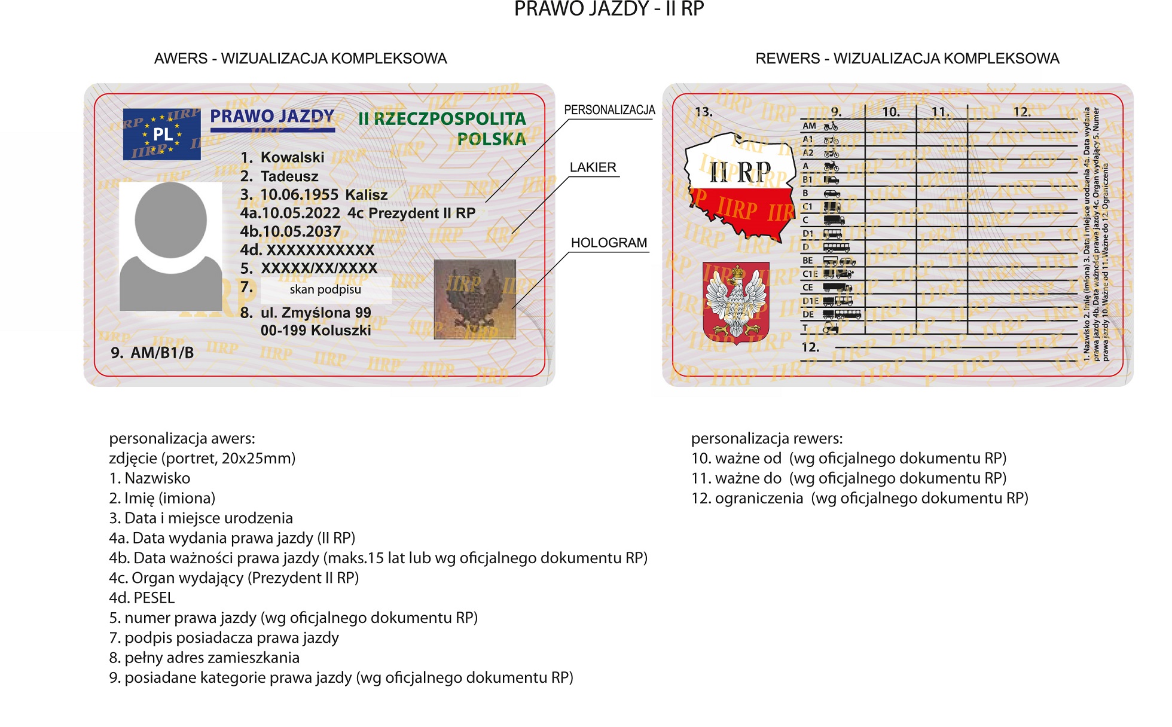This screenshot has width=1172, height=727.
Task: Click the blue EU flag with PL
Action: coord(161,134)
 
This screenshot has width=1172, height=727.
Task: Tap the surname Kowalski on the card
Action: coord(292,157)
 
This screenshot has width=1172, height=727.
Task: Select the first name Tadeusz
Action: coord(289,176)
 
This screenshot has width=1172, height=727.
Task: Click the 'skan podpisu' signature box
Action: coord(325,290)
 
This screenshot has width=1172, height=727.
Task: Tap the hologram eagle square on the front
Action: coord(474,299)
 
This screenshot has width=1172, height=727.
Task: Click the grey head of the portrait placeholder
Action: coord(170,220)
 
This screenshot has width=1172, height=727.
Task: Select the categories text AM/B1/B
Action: coord(161,353)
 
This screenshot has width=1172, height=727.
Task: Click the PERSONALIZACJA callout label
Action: coord(609,110)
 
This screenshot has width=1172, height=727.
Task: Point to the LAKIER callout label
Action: coord(593,167)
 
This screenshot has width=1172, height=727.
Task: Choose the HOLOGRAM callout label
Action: coord(609,243)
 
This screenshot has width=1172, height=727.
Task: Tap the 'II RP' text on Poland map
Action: coord(740,173)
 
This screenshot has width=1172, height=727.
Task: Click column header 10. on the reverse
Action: coord(890,112)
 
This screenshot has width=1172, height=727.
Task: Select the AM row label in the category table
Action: coord(809,126)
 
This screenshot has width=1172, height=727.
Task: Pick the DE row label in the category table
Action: coord(808,314)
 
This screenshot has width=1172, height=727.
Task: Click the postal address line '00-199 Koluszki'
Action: coord(316,331)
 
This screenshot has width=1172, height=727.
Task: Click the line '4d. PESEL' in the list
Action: coord(142,598)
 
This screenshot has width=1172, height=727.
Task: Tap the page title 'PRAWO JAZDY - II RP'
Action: coord(609,9)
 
